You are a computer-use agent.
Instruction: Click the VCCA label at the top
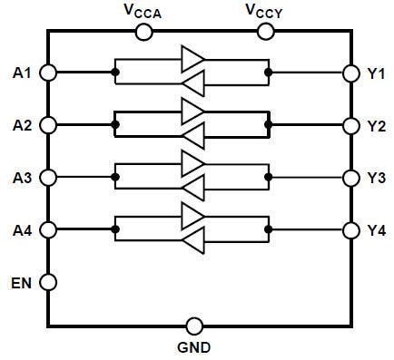point(143,11)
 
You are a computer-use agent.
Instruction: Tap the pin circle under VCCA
point(143,33)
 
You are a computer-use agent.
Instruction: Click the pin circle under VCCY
point(266,33)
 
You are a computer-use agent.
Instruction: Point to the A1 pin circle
point(48,72)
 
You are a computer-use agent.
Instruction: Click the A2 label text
point(23,124)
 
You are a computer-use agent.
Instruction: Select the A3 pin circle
point(48,177)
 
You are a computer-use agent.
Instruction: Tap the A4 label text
point(23,229)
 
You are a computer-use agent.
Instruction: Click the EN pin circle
point(48,282)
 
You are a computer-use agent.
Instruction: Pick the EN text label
point(22,282)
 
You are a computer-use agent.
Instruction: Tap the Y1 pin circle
point(350,72)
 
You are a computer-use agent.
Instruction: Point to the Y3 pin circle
point(350,177)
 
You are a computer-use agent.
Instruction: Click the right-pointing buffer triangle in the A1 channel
point(192,61)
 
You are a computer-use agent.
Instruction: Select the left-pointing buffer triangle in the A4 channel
point(192,241)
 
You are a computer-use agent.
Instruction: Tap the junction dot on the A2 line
point(114,124)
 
